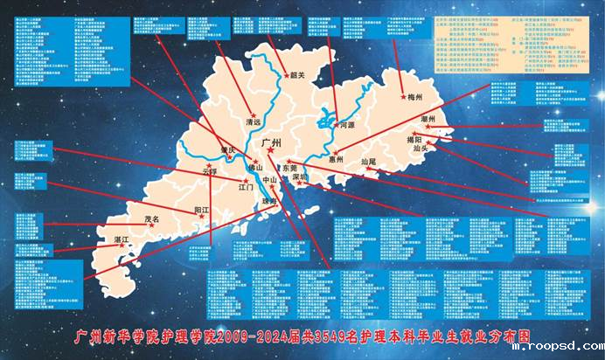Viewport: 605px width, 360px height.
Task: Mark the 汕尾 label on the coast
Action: point(367,163)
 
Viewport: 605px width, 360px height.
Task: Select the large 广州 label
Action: point(272,141)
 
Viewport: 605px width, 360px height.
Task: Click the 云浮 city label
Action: point(209,171)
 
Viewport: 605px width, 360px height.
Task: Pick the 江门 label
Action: point(246,187)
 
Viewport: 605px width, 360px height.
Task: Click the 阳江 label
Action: point(203,211)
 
